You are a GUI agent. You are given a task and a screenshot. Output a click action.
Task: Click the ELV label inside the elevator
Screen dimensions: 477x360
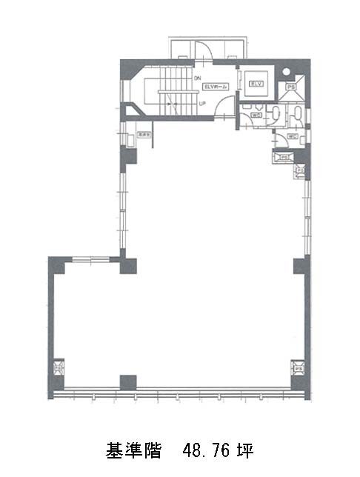[256, 83]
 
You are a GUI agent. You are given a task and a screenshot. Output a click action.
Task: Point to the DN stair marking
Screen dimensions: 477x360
[197, 77]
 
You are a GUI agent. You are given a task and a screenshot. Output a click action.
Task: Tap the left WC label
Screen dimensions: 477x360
[256, 115]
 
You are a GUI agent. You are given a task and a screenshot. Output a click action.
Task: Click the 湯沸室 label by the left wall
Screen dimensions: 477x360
[142, 136]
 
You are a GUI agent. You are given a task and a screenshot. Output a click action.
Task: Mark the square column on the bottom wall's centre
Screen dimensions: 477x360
[128, 382]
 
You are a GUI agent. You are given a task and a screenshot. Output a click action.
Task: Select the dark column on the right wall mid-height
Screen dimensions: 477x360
[299, 265]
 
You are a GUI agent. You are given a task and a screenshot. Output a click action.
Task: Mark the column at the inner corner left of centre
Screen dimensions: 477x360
[128, 264]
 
